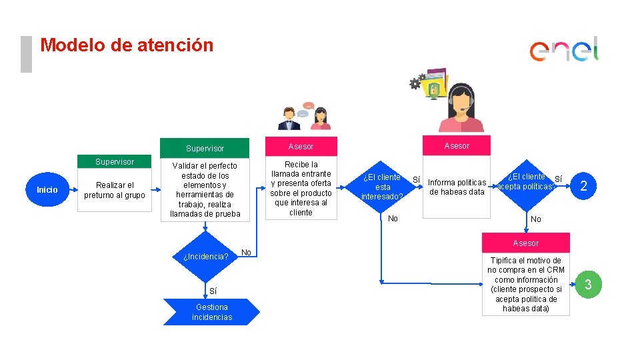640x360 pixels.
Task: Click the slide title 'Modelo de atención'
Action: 127,45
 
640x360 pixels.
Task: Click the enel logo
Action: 564,50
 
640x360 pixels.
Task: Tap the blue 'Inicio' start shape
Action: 47,190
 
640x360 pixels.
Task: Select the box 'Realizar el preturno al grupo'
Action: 115,190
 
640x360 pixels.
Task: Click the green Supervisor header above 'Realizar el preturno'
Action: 115,162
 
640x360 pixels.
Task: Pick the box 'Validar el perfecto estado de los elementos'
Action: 205,189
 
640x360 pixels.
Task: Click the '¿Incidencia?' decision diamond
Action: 205,256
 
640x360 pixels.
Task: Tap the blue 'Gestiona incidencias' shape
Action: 211,312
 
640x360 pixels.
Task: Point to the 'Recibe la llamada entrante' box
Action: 301,188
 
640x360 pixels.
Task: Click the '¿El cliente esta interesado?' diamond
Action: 382,187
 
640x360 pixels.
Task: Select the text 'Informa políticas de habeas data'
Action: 457,187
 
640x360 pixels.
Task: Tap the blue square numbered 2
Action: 583,186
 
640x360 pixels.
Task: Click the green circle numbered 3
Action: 587,285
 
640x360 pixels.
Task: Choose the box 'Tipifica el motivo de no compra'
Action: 526,285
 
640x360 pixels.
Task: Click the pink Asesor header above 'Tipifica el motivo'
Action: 526,243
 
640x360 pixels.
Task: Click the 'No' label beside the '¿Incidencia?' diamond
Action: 246,252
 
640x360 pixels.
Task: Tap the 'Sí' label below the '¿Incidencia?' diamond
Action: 213,291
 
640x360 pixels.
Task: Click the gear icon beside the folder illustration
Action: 415,83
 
